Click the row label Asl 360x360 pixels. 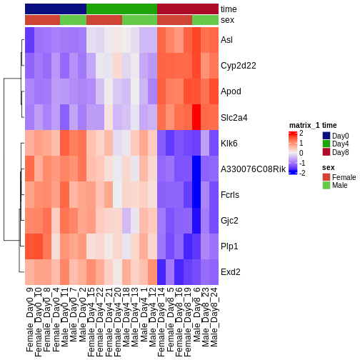(227, 39)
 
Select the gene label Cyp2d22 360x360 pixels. (238, 65)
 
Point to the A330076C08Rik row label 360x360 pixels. (253, 169)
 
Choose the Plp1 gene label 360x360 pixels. (230, 246)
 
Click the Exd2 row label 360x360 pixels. (231, 272)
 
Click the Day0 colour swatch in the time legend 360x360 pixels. (326, 136)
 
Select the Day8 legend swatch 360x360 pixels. (326, 152)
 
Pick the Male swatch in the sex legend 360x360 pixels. (326, 185)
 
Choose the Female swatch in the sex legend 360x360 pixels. (326, 176)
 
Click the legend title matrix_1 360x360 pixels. (304, 125)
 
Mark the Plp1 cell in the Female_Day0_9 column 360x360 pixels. (30, 246)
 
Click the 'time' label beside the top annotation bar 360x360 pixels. (229, 9)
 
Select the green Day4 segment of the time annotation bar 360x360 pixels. (121, 9)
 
